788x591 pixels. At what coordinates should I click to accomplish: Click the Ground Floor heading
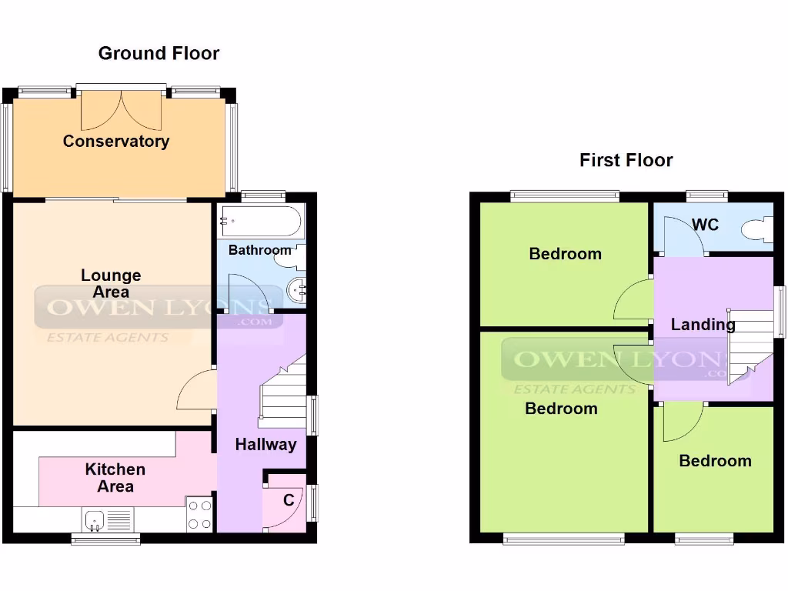(159, 53)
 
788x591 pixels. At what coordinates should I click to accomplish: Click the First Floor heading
(626, 160)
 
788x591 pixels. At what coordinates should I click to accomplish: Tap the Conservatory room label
(116, 141)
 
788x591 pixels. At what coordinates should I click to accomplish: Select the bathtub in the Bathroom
(259, 222)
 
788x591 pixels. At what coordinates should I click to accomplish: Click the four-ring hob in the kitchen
(199, 515)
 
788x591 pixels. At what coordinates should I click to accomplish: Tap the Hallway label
(265, 444)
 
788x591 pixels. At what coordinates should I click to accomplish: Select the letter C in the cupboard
(289, 501)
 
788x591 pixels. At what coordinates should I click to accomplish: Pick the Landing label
(702, 325)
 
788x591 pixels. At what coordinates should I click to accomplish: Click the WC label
(705, 225)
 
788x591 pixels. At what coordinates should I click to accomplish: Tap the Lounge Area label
(112, 283)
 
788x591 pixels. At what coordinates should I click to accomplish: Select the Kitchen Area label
(115, 477)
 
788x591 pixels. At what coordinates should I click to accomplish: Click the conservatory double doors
(122, 110)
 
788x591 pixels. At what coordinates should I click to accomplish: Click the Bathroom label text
(259, 250)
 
